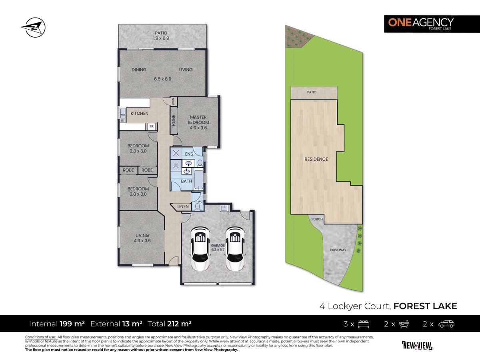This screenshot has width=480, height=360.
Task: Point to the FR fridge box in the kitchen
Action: pyautogui.click(x=152, y=126)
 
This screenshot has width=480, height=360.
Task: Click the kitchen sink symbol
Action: pyautogui.click(x=122, y=114)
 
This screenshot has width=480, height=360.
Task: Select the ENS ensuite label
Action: pyautogui.click(x=189, y=154)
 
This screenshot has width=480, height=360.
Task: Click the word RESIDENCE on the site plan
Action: pyautogui.click(x=316, y=159)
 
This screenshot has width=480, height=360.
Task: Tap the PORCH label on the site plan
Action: pyautogui.click(x=317, y=219)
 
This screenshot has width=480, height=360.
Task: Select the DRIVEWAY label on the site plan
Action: pyautogui.click(x=338, y=250)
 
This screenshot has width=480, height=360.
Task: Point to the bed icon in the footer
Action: pyautogui.click(x=363, y=324)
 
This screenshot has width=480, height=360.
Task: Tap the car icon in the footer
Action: pyautogui.click(x=446, y=324)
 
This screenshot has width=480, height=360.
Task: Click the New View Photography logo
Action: pyautogui.click(x=417, y=345)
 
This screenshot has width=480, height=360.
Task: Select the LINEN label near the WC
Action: pyautogui.click(x=183, y=206)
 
